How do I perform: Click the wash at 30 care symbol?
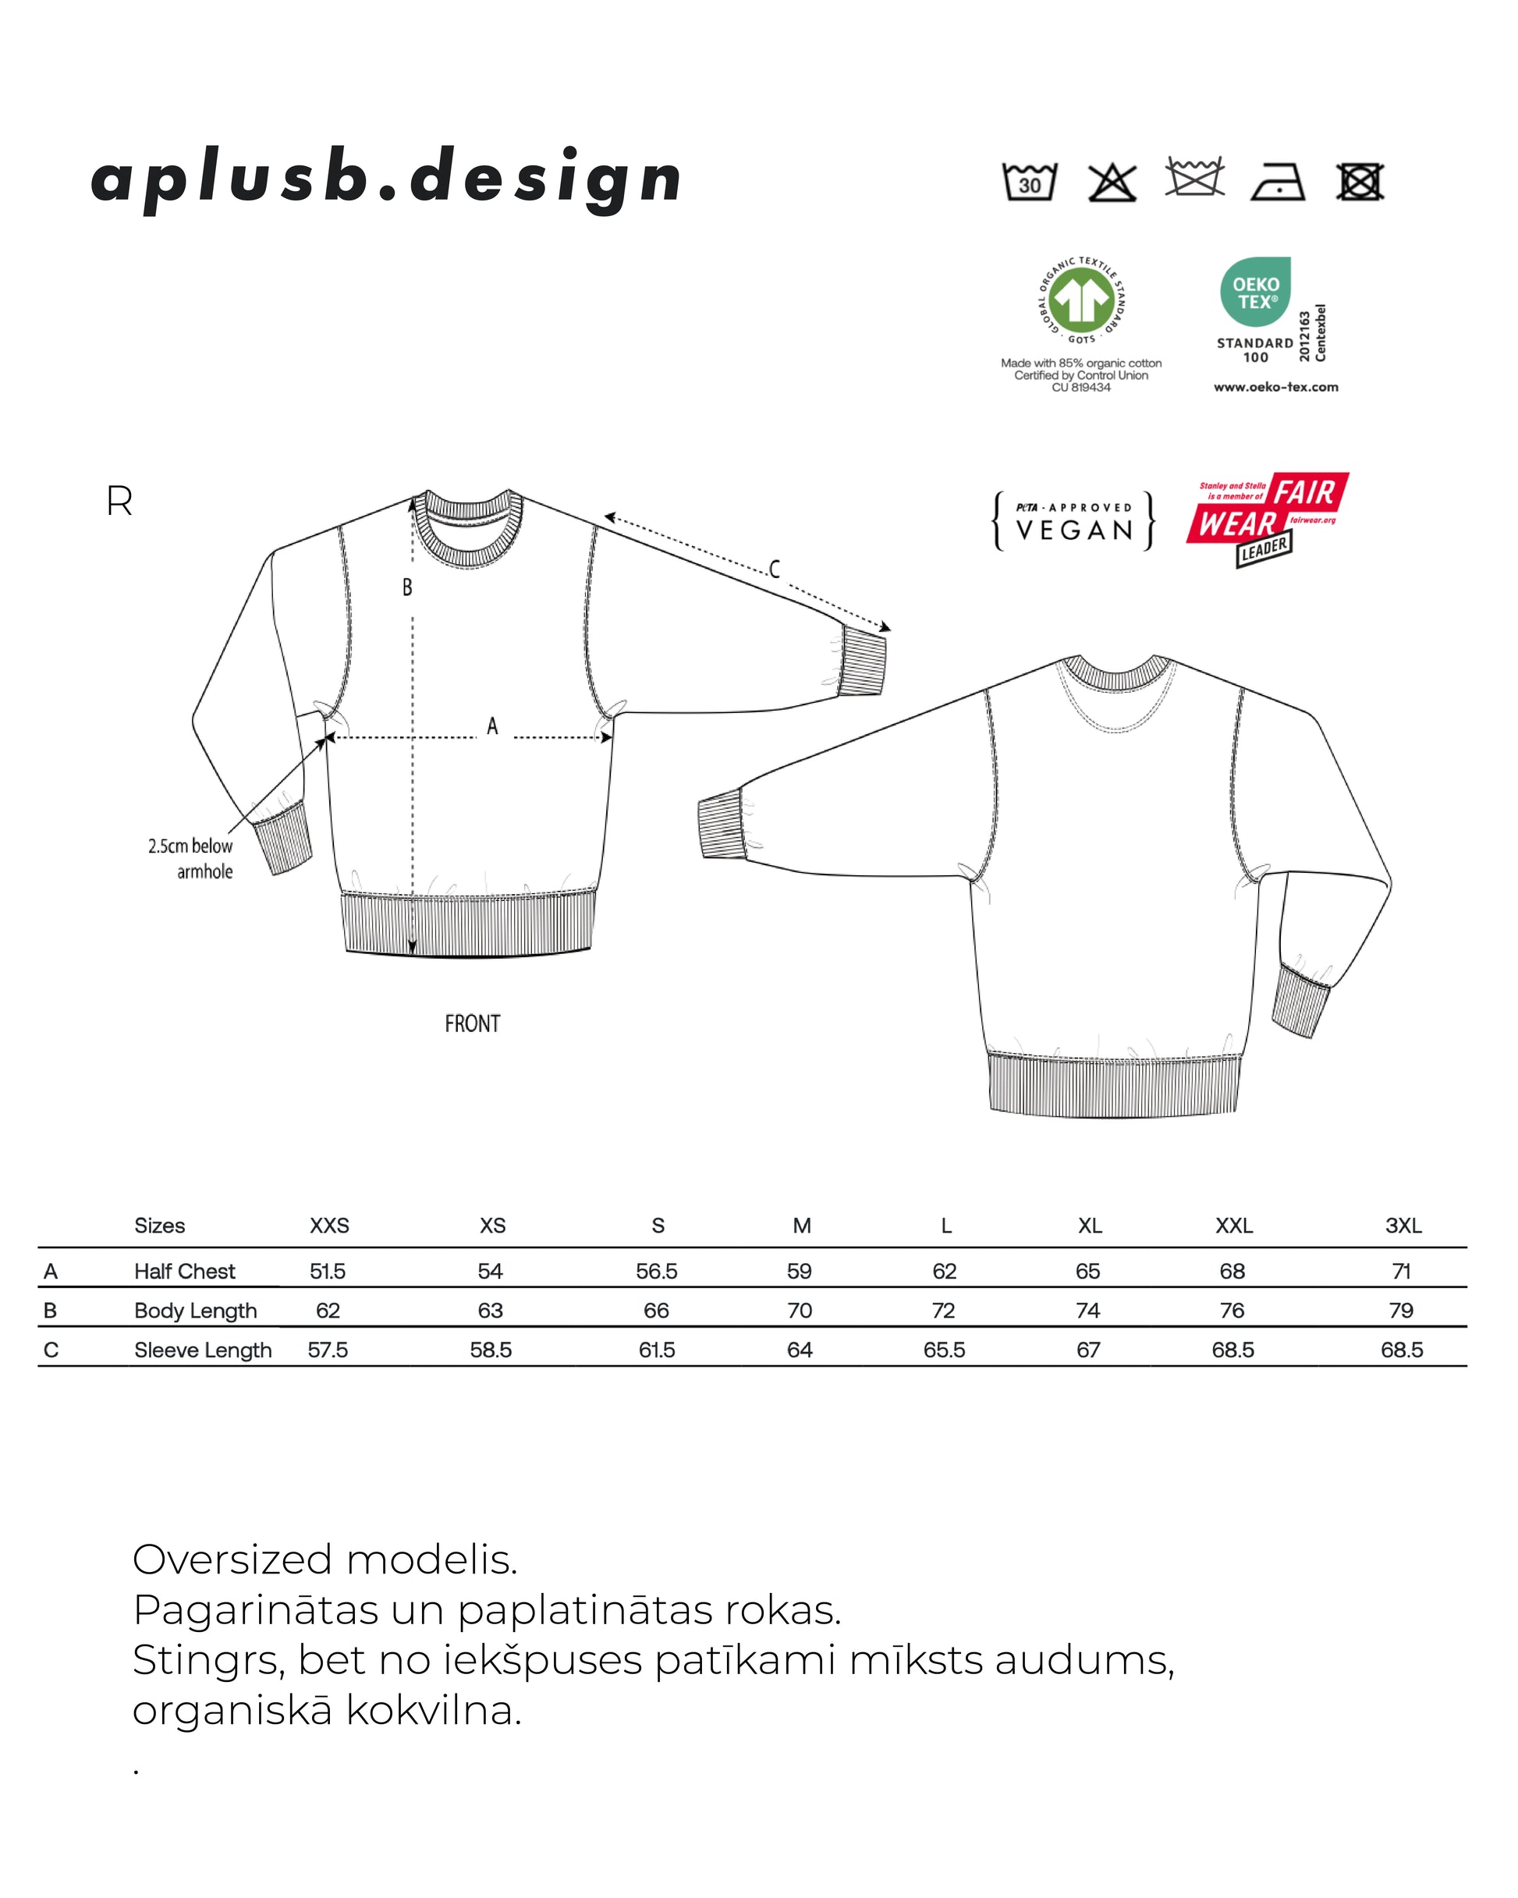(1030, 183)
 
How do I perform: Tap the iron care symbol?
(1277, 183)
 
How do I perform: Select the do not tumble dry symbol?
(1360, 183)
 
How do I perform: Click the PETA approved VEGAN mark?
(1073, 521)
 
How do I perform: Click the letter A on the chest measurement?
(492, 726)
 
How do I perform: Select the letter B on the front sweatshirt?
(406, 587)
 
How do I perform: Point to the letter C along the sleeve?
(774, 569)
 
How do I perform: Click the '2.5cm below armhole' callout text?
(191, 858)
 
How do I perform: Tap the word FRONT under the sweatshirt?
(472, 1024)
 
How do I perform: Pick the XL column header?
(1089, 1226)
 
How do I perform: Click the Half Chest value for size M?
(800, 1272)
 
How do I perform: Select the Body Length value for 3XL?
(1401, 1311)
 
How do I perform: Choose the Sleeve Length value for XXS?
(328, 1350)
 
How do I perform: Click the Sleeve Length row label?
(203, 1350)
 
